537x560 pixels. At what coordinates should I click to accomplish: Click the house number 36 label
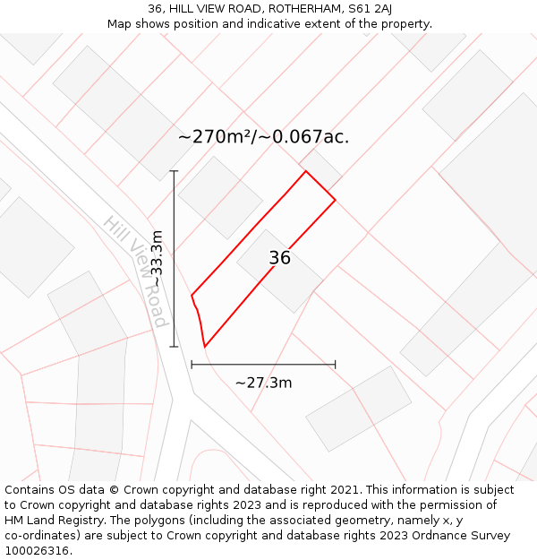click(x=279, y=258)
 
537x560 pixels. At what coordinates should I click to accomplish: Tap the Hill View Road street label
click(x=135, y=271)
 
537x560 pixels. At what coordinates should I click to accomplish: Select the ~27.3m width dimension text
click(x=263, y=383)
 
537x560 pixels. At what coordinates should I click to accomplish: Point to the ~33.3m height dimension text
click(x=157, y=258)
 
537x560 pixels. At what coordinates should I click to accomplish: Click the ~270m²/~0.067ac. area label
click(x=263, y=137)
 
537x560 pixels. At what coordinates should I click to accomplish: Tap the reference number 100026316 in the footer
click(x=38, y=551)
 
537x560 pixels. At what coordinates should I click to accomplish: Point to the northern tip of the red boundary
click(x=306, y=171)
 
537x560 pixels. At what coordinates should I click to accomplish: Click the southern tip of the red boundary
click(x=204, y=347)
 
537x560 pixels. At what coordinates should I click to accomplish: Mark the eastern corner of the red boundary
click(x=336, y=199)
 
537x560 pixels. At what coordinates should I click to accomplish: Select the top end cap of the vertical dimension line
click(x=174, y=170)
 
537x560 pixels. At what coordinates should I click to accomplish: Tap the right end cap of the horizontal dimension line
click(x=336, y=365)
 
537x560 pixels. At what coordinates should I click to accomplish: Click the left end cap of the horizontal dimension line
click(x=192, y=365)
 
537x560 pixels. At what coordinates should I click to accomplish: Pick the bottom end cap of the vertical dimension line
click(x=174, y=347)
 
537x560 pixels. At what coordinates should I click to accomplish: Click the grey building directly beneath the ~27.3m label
click(x=358, y=409)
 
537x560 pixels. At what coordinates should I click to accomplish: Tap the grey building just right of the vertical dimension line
click(x=220, y=197)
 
